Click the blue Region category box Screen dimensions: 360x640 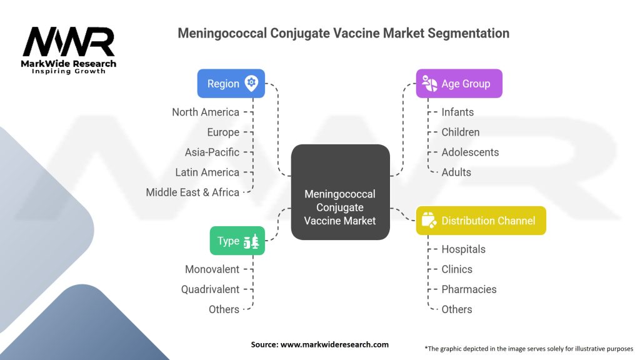[x=231, y=84]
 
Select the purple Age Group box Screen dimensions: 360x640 [x=459, y=84]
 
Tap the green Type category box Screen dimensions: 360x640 [x=237, y=241]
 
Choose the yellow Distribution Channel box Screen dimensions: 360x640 [x=481, y=221]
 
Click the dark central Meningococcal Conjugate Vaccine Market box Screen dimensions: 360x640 [x=340, y=192]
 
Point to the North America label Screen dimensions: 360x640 [x=206, y=112]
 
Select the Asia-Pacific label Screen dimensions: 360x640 [x=212, y=152]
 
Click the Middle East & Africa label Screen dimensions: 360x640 [x=192, y=192]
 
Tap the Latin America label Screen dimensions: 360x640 [x=207, y=172]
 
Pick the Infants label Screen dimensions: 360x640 [x=457, y=112]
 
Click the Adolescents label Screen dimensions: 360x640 [x=470, y=152]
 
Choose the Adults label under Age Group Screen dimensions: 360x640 [x=456, y=172]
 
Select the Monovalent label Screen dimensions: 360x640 [x=212, y=269]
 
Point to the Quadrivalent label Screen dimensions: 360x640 [x=210, y=289]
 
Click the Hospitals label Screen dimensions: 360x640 [x=463, y=249]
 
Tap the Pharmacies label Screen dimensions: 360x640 [x=469, y=289]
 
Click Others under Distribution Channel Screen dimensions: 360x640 [x=457, y=309]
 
